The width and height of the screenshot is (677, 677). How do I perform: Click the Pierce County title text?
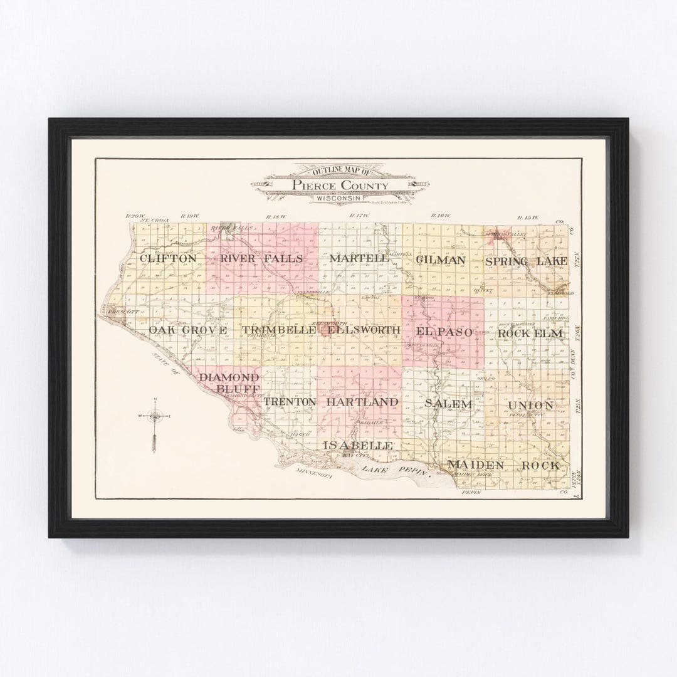[x=338, y=186]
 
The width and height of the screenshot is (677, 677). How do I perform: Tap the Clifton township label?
[x=168, y=258]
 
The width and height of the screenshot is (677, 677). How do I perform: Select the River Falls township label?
[x=261, y=258]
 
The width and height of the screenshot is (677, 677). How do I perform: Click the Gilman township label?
[x=440, y=260]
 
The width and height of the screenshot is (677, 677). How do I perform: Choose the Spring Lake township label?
[x=526, y=260]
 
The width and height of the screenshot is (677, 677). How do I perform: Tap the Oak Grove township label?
[x=187, y=330]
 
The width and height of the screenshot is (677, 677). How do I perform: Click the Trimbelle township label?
[x=279, y=330]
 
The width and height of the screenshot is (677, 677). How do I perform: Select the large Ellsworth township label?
[x=363, y=330]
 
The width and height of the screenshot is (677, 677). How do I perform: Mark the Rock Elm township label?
[x=530, y=333]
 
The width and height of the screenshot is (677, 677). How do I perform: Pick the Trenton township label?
[x=290, y=401]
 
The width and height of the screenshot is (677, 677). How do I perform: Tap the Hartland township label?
[x=362, y=401]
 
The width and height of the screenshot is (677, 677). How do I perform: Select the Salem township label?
[x=448, y=404]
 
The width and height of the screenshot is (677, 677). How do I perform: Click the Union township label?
[x=531, y=406]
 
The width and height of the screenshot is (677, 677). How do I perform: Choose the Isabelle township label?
[x=358, y=444]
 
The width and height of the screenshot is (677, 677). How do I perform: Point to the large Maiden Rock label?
[x=503, y=465]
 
